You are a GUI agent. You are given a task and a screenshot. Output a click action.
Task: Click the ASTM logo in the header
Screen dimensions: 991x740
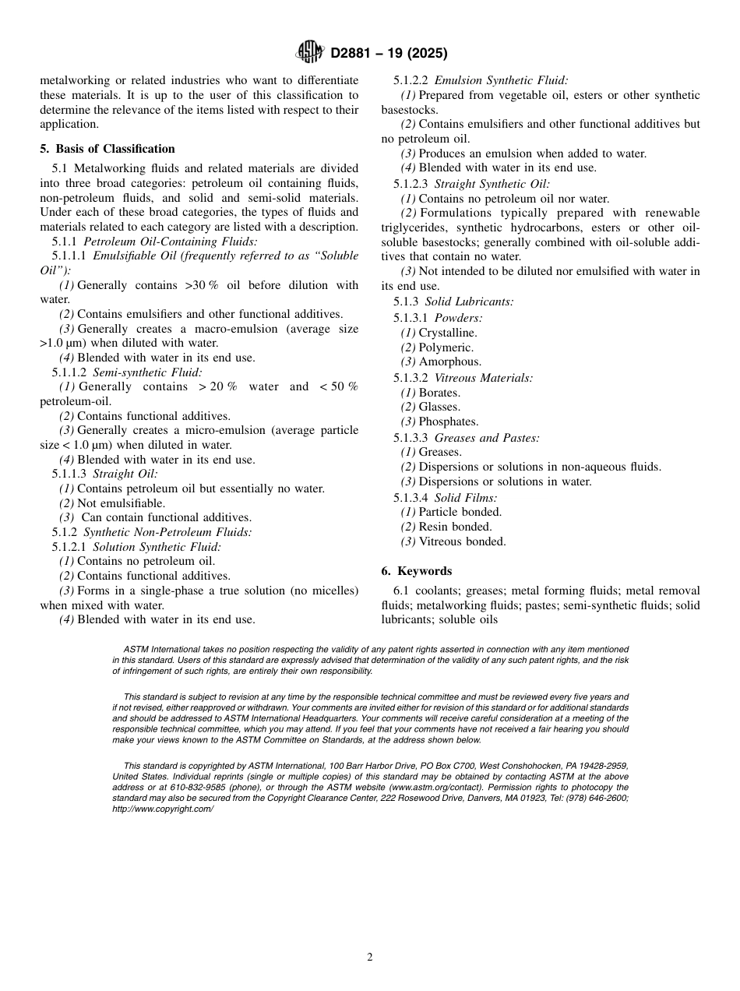[309, 53]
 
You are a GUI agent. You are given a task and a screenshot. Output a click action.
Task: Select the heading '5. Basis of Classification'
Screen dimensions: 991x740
[107, 149]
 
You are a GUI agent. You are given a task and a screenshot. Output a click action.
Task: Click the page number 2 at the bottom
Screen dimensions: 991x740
[370, 957]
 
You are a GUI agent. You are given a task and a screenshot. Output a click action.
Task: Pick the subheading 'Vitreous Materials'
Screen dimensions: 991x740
[483, 378]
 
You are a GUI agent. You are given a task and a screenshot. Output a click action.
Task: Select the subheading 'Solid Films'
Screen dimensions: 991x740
[466, 497]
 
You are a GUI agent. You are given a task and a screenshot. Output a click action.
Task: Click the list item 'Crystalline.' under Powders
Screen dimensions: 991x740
[448, 333]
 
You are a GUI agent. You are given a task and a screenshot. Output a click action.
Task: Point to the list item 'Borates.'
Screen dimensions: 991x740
[439, 393]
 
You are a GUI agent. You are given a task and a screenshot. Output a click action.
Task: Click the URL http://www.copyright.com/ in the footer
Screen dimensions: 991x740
[163, 809]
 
